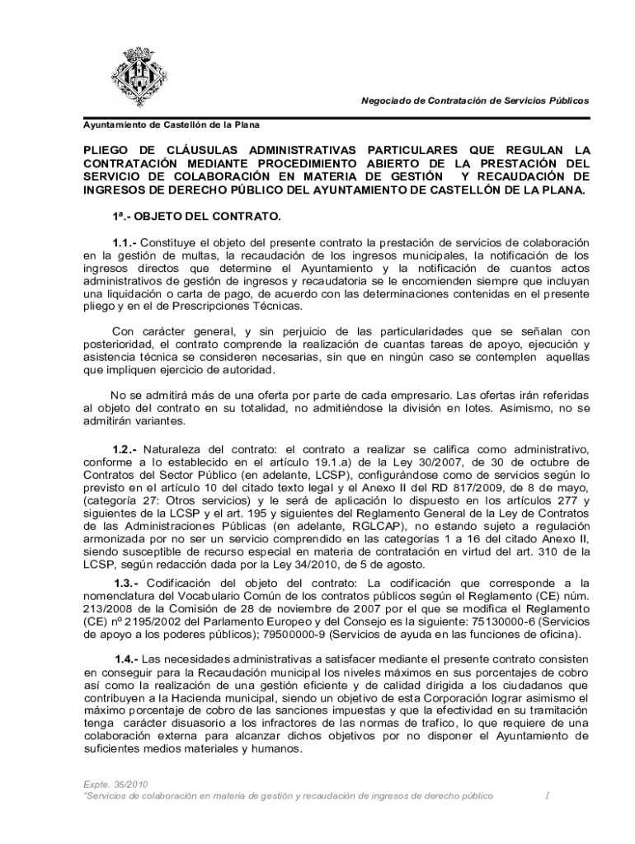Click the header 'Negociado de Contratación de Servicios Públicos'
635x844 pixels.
pyautogui.click(x=475, y=101)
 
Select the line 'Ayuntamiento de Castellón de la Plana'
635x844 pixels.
pyautogui.click(x=171, y=125)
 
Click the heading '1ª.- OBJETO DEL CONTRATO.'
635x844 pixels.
pyautogui.click(x=196, y=217)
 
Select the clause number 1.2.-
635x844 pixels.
pyautogui.click(x=125, y=449)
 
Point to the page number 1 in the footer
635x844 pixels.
pyautogui.click(x=547, y=796)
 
